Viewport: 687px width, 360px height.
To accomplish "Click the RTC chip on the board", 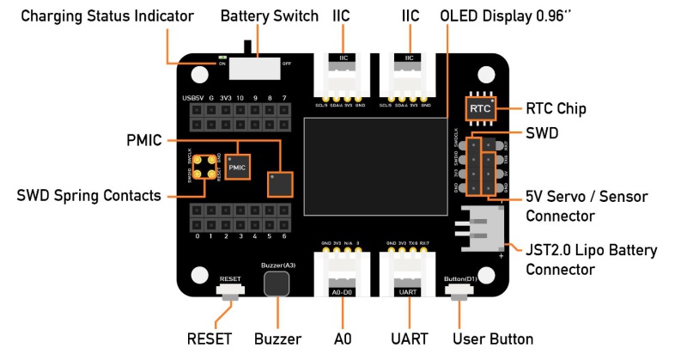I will (481, 109).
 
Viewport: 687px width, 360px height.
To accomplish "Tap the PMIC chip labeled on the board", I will (238, 165).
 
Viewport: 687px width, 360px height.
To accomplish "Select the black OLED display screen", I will (374, 167).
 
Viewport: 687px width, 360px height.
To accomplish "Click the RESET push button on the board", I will (230, 296).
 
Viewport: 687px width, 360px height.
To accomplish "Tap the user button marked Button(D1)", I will (459, 296).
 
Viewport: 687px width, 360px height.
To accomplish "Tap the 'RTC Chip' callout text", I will (556, 109).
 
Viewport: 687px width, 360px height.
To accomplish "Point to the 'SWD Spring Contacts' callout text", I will (88, 196).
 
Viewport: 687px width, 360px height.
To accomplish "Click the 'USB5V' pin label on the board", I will (192, 99).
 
